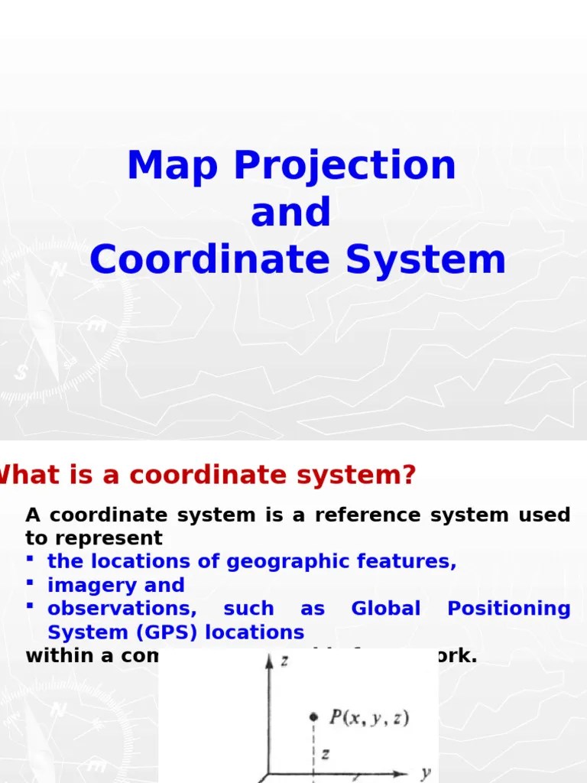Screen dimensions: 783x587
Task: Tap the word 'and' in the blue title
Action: [291, 213]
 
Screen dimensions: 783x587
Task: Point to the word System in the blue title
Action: [426, 262]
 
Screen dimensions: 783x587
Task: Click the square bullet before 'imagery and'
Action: [30, 583]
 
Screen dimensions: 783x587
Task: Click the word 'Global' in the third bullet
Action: [385, 609]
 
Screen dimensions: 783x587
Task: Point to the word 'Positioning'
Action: [508, 609]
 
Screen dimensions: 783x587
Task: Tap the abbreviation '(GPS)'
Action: [153, 633]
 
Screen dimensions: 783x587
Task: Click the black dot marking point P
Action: [313, 716]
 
